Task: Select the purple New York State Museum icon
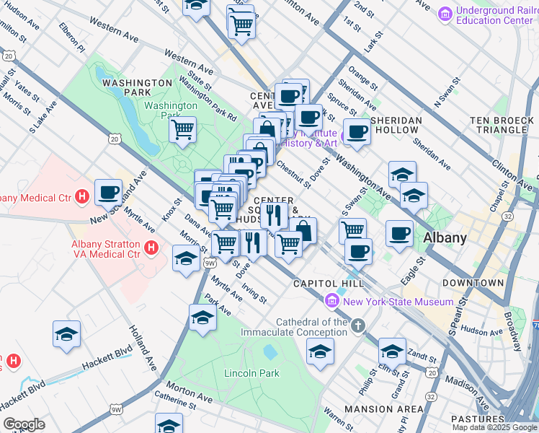point(332,301)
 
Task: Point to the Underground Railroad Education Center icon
point(445,13)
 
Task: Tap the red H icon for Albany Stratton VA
point(151,248)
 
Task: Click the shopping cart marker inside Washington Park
point(183,131)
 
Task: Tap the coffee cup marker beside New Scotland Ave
point(108,192)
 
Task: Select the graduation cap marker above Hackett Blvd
point(66,334)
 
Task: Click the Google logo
point(24,424)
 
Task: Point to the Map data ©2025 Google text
point(494,427)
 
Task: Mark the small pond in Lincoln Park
point(269,352)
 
